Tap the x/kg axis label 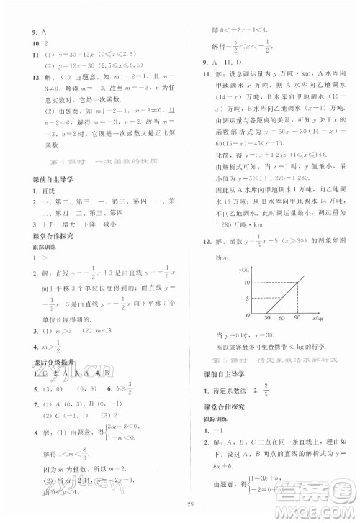318,317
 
